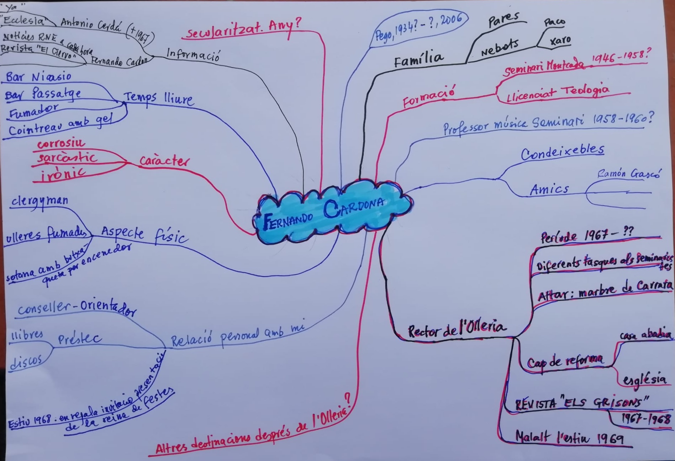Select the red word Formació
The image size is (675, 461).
(429, 97)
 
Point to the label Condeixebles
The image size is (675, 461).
(562, 152)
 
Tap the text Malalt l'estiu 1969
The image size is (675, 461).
(569, 437)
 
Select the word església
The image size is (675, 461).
(644, 380)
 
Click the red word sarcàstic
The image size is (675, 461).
(67, 157)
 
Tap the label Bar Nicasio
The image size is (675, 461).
(38, 77)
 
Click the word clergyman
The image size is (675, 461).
(40, 201)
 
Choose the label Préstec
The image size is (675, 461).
(79, 339)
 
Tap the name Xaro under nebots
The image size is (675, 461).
(560, 41)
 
